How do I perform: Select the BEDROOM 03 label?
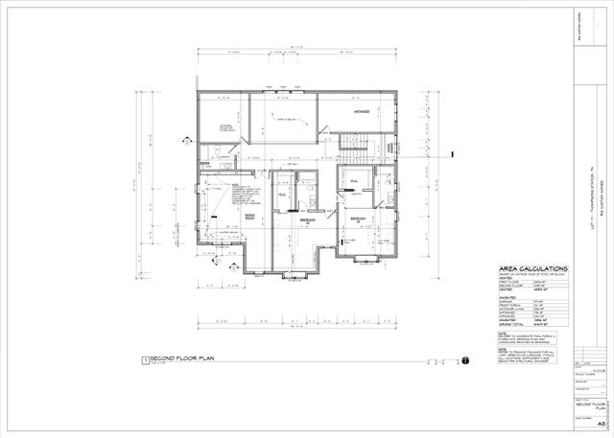[x=358, y=219]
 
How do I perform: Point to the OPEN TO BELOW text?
[x=287, y=120]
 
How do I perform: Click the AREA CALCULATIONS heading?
[x=533, y=269]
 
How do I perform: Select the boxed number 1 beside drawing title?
[x=145, y=360]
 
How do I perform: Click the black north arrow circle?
[x=464, y=360]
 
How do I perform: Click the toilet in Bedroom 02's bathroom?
[x=313, y=196]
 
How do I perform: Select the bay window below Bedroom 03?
[x=371, y=261]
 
